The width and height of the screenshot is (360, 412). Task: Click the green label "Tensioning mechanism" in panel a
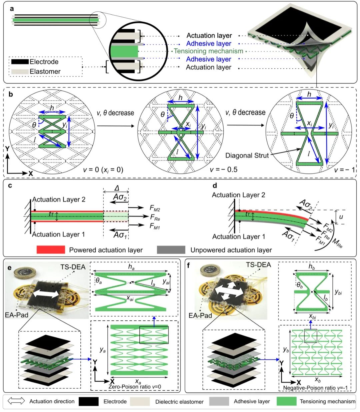point(209,51)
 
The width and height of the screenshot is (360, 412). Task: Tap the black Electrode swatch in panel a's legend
point(20,62)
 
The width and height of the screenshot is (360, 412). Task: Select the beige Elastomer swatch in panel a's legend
point(20,72)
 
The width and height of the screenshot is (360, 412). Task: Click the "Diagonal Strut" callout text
point(247,156)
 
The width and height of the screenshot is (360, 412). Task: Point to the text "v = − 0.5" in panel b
point(224,170)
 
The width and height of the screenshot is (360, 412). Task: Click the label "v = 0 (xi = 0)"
point(103,170)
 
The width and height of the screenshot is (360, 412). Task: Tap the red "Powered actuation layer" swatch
point(51,250)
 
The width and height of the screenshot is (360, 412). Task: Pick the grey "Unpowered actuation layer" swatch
point(171,250)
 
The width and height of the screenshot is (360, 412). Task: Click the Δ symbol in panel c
point(117,188)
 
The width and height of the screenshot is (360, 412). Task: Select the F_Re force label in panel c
point(155,217)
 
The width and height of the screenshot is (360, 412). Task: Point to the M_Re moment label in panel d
point(337,243)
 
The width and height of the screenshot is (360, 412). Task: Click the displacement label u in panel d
point(341,217)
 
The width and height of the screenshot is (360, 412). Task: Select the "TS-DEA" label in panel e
point(73,267)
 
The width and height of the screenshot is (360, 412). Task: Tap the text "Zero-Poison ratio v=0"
point(135,387)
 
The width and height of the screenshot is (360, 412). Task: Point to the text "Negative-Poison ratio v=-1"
point(315,388)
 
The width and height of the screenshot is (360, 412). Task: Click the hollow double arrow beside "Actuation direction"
point(16,401)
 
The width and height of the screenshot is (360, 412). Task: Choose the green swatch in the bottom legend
point(287,401)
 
